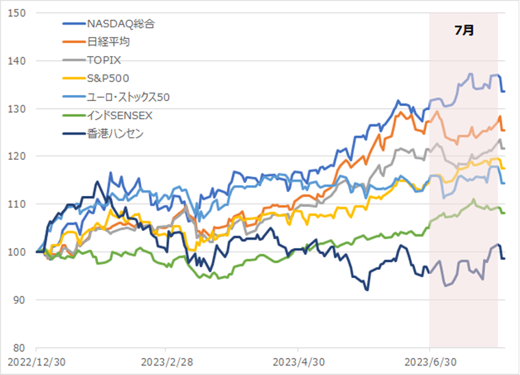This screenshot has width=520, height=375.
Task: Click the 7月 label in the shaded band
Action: tap(463, 30)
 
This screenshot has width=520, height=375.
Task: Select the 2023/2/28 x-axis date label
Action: tap(167, 361)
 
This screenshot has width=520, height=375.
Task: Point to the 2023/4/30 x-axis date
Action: tap(298, 361)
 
